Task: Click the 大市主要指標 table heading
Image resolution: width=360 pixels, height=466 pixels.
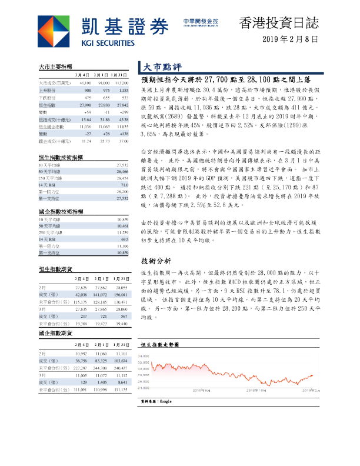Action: tap(55, 68)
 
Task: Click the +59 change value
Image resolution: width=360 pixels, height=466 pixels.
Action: tap(87, 111)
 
